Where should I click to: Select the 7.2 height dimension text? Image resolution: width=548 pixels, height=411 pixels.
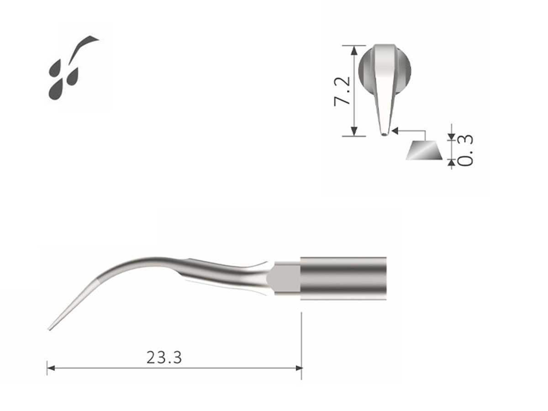(342, 91)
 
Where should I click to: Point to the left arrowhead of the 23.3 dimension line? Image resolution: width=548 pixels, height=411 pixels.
(51, 368)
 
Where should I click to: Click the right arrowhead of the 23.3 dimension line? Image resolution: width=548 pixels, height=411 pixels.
(299, 368)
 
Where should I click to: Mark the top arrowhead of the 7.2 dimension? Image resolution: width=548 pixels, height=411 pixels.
(354, 48)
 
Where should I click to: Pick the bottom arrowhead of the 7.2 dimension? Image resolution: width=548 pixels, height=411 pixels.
(354, 132)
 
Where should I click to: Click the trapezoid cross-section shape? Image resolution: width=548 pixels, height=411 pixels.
(424, 151)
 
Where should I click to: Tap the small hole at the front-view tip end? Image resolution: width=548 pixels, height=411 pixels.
(384, 134)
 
